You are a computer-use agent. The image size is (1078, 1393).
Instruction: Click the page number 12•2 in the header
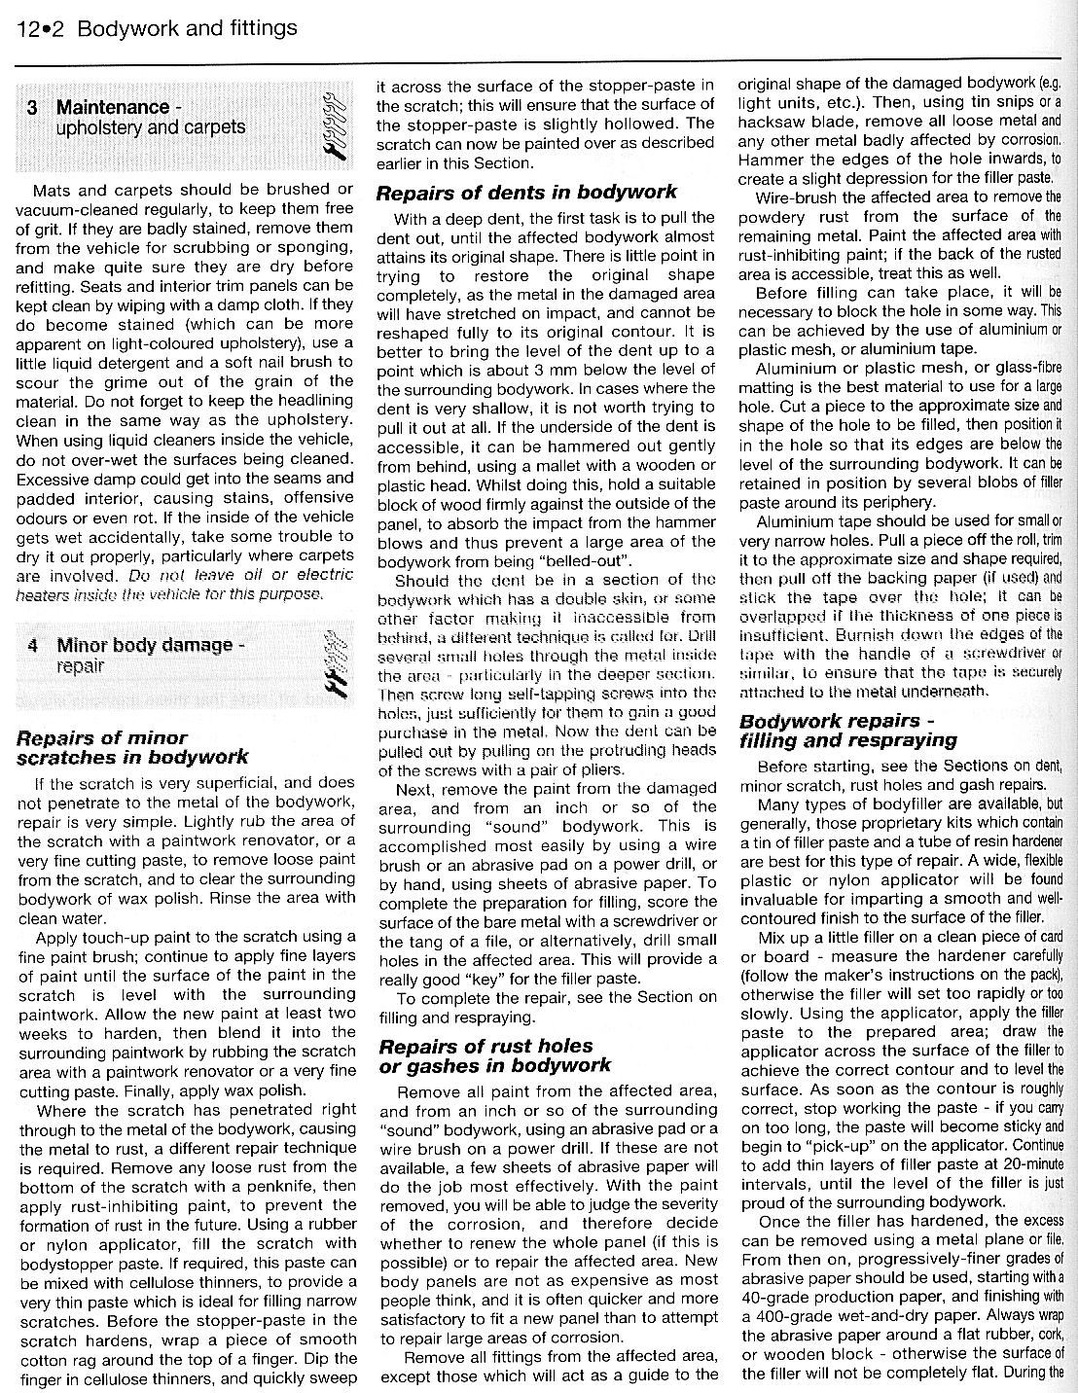pos(41,28)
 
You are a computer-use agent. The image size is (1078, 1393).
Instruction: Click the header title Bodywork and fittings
pos(187,28)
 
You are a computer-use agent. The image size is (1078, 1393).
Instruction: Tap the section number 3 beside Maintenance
pos(33,107)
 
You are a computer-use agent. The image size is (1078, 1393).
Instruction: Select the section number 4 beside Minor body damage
pos(33,645)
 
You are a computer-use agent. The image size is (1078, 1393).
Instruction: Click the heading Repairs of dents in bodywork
pos(526,192)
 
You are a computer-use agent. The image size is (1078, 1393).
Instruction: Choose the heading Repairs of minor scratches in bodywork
pos(133,747)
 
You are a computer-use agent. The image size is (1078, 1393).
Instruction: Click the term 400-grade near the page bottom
pos(781,1315)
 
